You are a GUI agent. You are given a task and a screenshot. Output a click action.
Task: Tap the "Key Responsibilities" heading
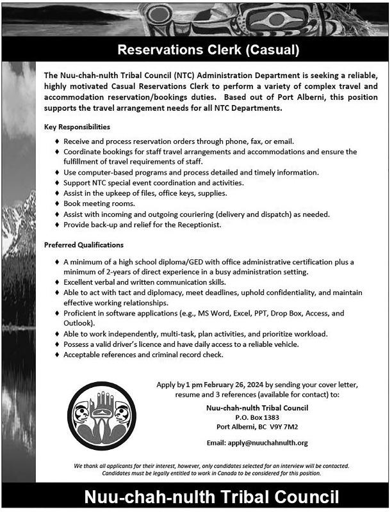click(77, 127)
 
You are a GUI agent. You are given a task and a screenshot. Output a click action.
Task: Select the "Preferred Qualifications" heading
click(84, 245)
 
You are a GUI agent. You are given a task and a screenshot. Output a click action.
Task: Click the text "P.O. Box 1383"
click(256, 416)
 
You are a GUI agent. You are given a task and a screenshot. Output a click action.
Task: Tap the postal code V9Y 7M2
click(284, 426)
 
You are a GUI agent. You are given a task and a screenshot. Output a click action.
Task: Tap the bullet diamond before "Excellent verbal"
click(57, 282)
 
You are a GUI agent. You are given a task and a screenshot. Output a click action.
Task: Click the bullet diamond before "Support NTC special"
click(57, 182)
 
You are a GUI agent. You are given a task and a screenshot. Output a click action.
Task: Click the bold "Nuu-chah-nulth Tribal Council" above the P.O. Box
click(256, 406)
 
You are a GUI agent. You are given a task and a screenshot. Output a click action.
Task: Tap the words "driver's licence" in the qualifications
click(133, 344)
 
